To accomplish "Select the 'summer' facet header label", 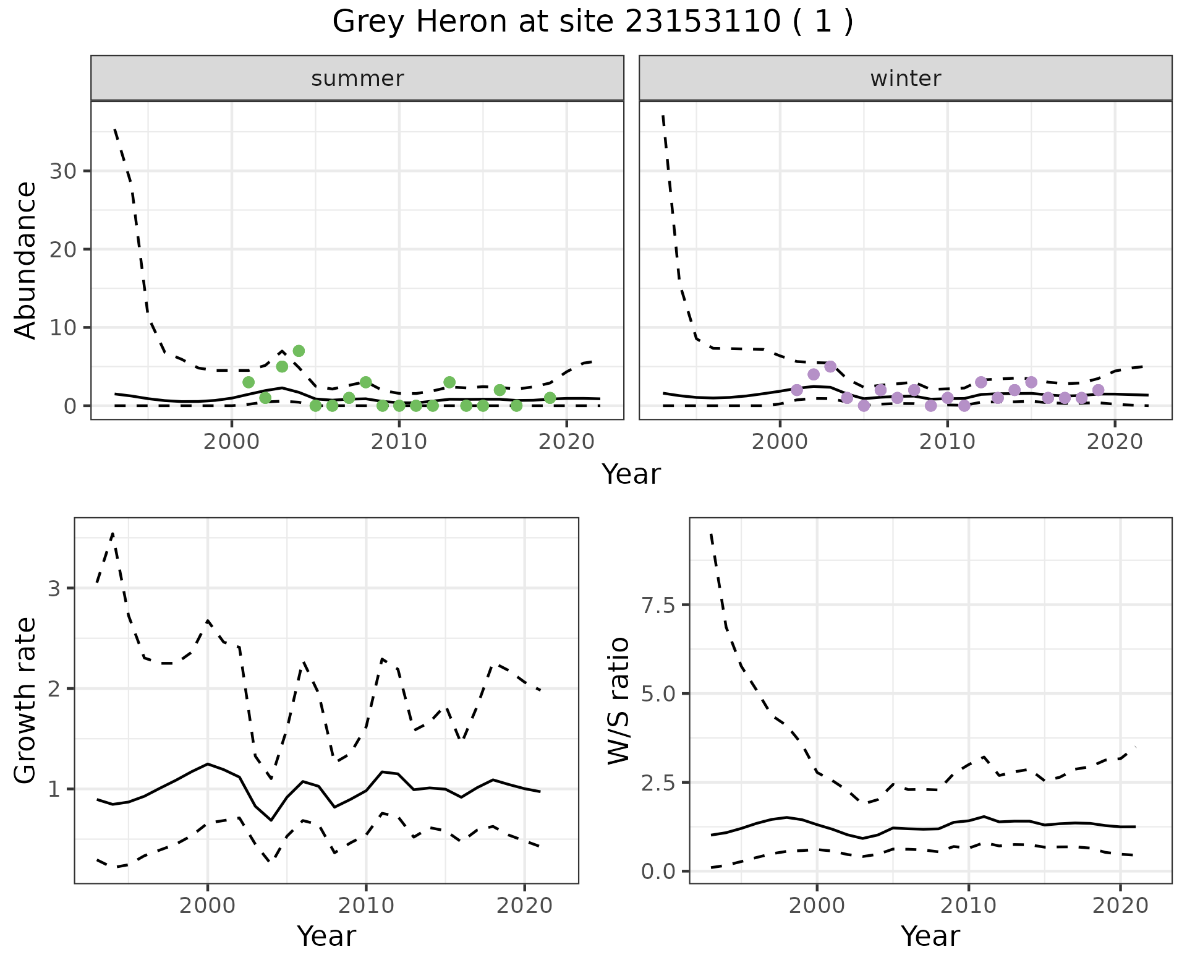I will point(357,79).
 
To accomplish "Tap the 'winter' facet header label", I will point(905,79).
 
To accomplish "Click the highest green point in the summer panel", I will point(299,351).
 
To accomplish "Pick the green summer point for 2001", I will point(249,382).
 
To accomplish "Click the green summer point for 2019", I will point(550,398).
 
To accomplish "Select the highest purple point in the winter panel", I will point(830,366).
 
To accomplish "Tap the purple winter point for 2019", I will point(1098,390).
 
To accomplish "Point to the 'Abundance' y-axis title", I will point(26,260).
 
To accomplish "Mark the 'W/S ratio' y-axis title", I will point(618,700).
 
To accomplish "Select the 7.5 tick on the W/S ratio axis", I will point(658,605).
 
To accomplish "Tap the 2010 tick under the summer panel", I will point(399,442).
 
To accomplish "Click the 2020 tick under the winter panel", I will point(1115,442).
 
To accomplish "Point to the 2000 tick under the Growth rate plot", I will point(208,906).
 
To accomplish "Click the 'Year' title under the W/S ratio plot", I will point(930,936).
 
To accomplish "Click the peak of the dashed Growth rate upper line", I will point(113,533).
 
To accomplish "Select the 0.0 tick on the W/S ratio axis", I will point(658,872).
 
